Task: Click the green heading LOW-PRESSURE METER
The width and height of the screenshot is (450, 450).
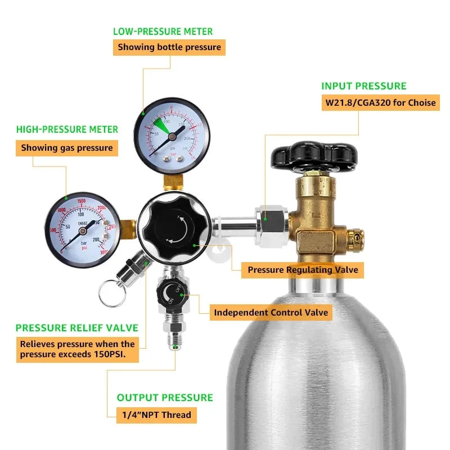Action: click(x=163, y=31)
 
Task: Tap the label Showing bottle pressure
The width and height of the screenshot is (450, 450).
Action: click(x=169, y=47)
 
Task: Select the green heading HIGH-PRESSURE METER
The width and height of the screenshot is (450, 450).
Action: click(x=67, y=129)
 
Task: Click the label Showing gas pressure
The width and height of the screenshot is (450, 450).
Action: click(x=67, y=148)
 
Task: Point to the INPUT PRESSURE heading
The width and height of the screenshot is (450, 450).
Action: click(x=363, y=86)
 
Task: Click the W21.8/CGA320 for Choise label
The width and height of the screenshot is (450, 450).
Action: click(x=380, y=103)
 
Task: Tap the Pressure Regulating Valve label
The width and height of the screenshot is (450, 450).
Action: click(x=303, y=270)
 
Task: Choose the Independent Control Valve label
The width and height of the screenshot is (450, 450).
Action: click(x=271, y=312)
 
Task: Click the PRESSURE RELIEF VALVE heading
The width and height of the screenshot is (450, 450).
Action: click(x=76, y=328)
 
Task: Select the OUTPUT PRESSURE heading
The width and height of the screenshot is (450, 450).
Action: click(x=165, y=398)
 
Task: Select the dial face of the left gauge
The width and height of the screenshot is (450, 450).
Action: click(x=83, y=227)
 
